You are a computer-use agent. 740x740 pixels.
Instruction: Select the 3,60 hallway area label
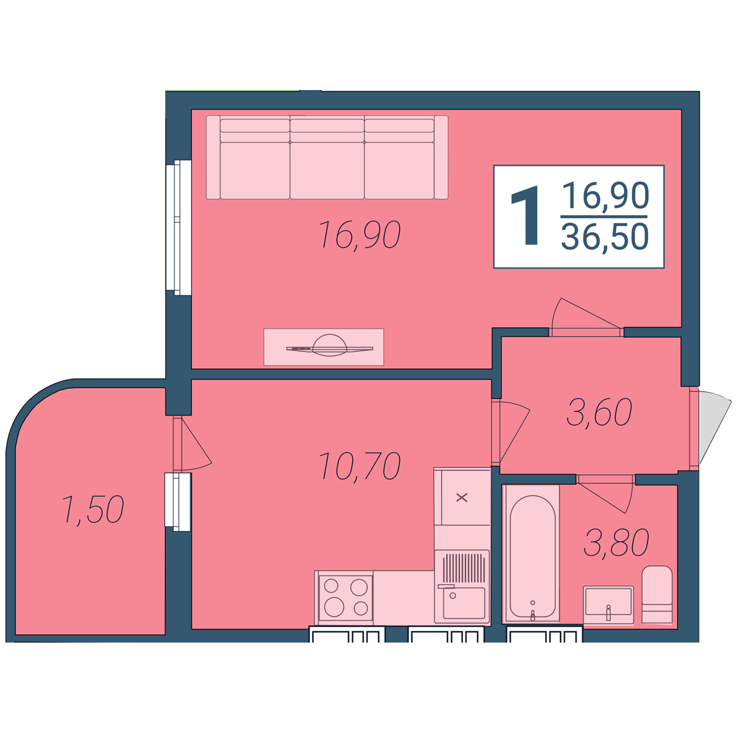pos(599,412)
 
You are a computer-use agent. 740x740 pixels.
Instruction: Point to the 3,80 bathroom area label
pos(616,542)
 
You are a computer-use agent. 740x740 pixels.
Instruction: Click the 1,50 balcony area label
pos(92,509)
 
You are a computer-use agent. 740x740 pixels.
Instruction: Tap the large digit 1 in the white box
pos(525,215)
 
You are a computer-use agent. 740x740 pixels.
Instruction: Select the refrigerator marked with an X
pos(462,497)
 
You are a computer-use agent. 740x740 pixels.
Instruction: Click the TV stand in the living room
pos(324,347)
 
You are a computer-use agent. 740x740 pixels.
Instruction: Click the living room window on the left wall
pos(179,228)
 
